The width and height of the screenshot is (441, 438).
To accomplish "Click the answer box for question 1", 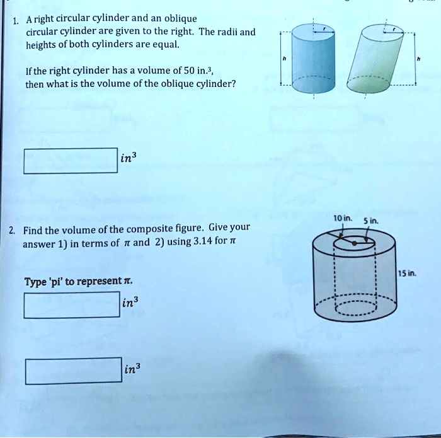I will click(x=71, y=161).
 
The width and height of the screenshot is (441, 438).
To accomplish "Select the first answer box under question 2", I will click(x=71, y=304).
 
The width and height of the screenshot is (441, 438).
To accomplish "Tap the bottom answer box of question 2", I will click(x=74, y=371).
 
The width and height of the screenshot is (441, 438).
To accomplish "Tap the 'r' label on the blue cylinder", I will click(x=324, y=28).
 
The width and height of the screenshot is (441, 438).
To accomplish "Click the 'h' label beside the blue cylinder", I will click(x=285, y=58).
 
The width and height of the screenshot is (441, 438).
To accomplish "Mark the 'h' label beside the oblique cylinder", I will click(x=420, y=58).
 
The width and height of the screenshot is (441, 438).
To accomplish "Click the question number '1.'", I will click(x=15, y=18).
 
